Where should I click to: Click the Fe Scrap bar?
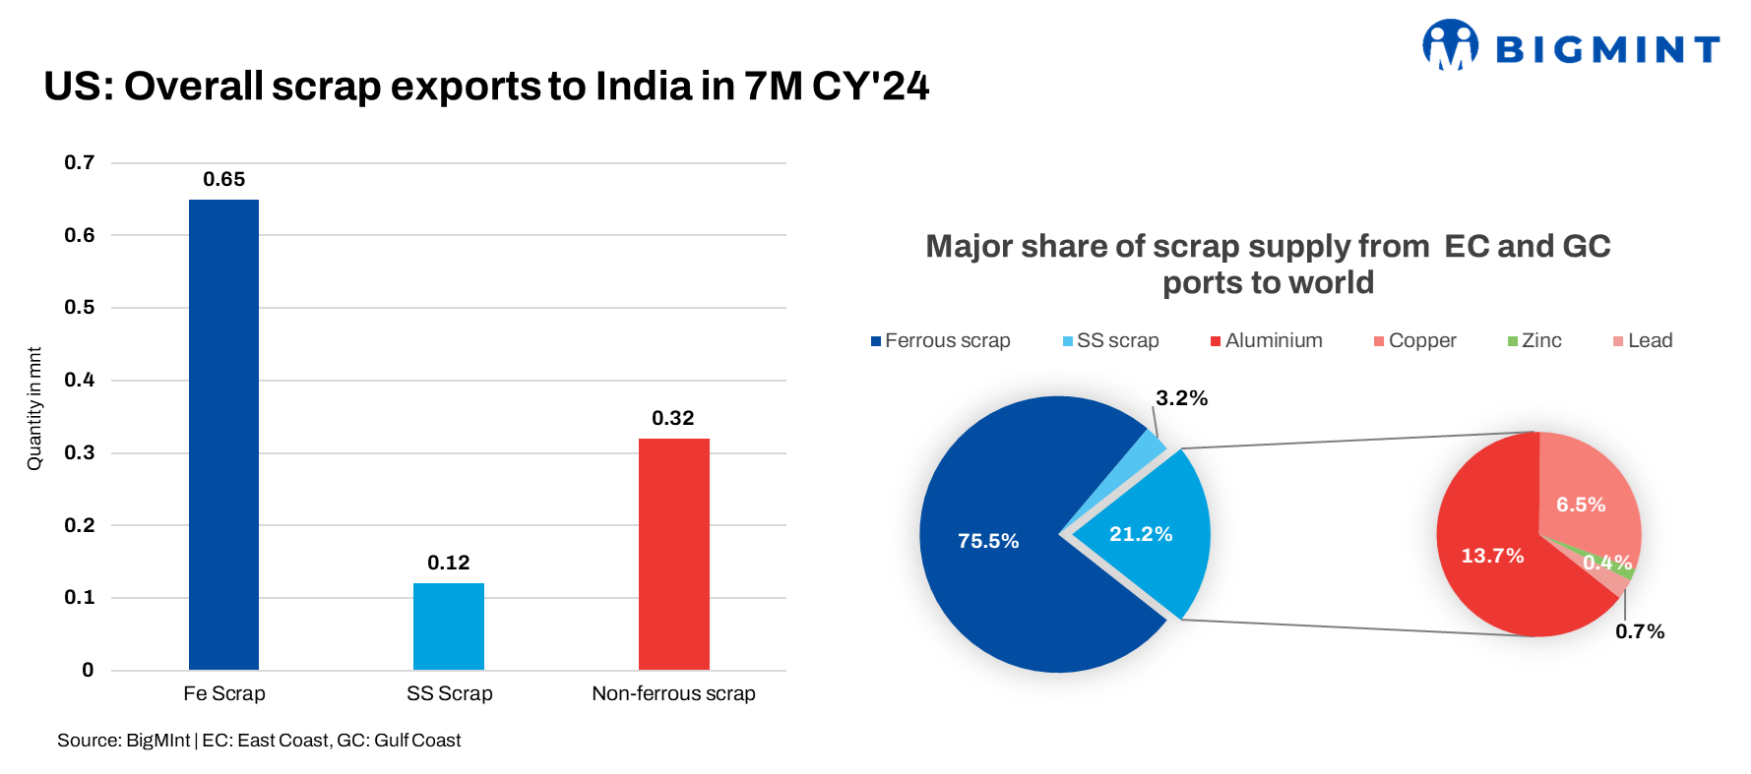pos(223,434)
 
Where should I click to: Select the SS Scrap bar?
pos(449,626)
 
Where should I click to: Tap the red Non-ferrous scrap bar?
pos(674,554)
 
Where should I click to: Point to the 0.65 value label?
pos(223,179)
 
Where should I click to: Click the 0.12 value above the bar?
pos(449,563)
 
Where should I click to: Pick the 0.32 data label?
pos(673,418)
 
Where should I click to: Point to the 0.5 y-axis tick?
pos(80,307)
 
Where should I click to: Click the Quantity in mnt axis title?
pos(34,408)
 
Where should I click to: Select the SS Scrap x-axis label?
pos(450,693)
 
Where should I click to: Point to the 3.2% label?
pos(1181,398)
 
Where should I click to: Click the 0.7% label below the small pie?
pos(1640,631)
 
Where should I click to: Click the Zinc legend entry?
pos(1534,340)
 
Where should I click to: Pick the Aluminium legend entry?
pos(1267,340)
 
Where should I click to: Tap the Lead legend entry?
pos(1643,340)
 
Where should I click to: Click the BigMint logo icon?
pos(1450,45)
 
